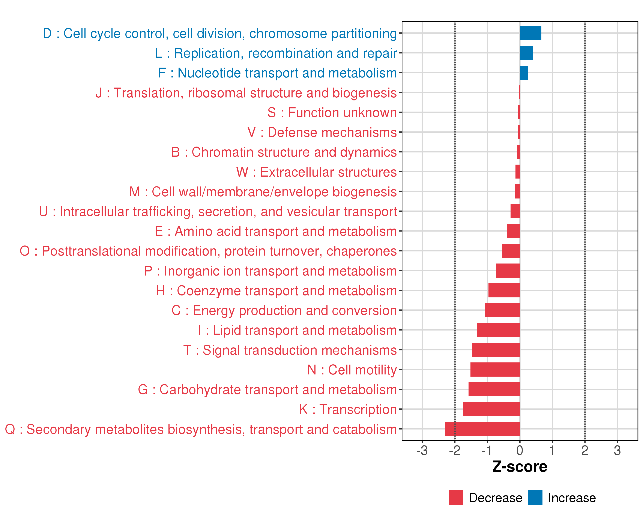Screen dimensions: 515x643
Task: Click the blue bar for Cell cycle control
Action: [530, 33]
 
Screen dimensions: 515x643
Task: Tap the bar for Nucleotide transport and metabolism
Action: [523, 73]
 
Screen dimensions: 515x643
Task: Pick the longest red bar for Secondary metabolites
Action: [482, 429]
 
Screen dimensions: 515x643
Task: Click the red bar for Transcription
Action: [491, 409]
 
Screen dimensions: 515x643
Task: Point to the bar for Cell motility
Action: [495, 370]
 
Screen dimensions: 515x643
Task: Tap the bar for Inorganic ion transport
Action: [508, 271]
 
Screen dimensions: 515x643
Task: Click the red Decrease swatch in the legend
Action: [456, 498]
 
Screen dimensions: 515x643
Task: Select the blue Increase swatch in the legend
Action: [535, 498]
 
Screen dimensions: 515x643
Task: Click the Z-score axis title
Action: [520, 467]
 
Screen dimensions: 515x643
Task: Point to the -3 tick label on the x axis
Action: [422, 450]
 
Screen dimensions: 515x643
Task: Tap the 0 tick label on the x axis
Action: [520, 450]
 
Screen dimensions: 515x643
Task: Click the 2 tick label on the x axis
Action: [584, 450]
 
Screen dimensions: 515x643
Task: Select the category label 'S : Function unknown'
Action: [332, 113]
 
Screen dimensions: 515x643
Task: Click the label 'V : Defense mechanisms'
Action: [322, 132]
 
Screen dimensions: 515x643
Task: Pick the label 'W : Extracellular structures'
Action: [316, 172]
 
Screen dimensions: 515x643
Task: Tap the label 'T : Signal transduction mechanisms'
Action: [290, 350]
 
